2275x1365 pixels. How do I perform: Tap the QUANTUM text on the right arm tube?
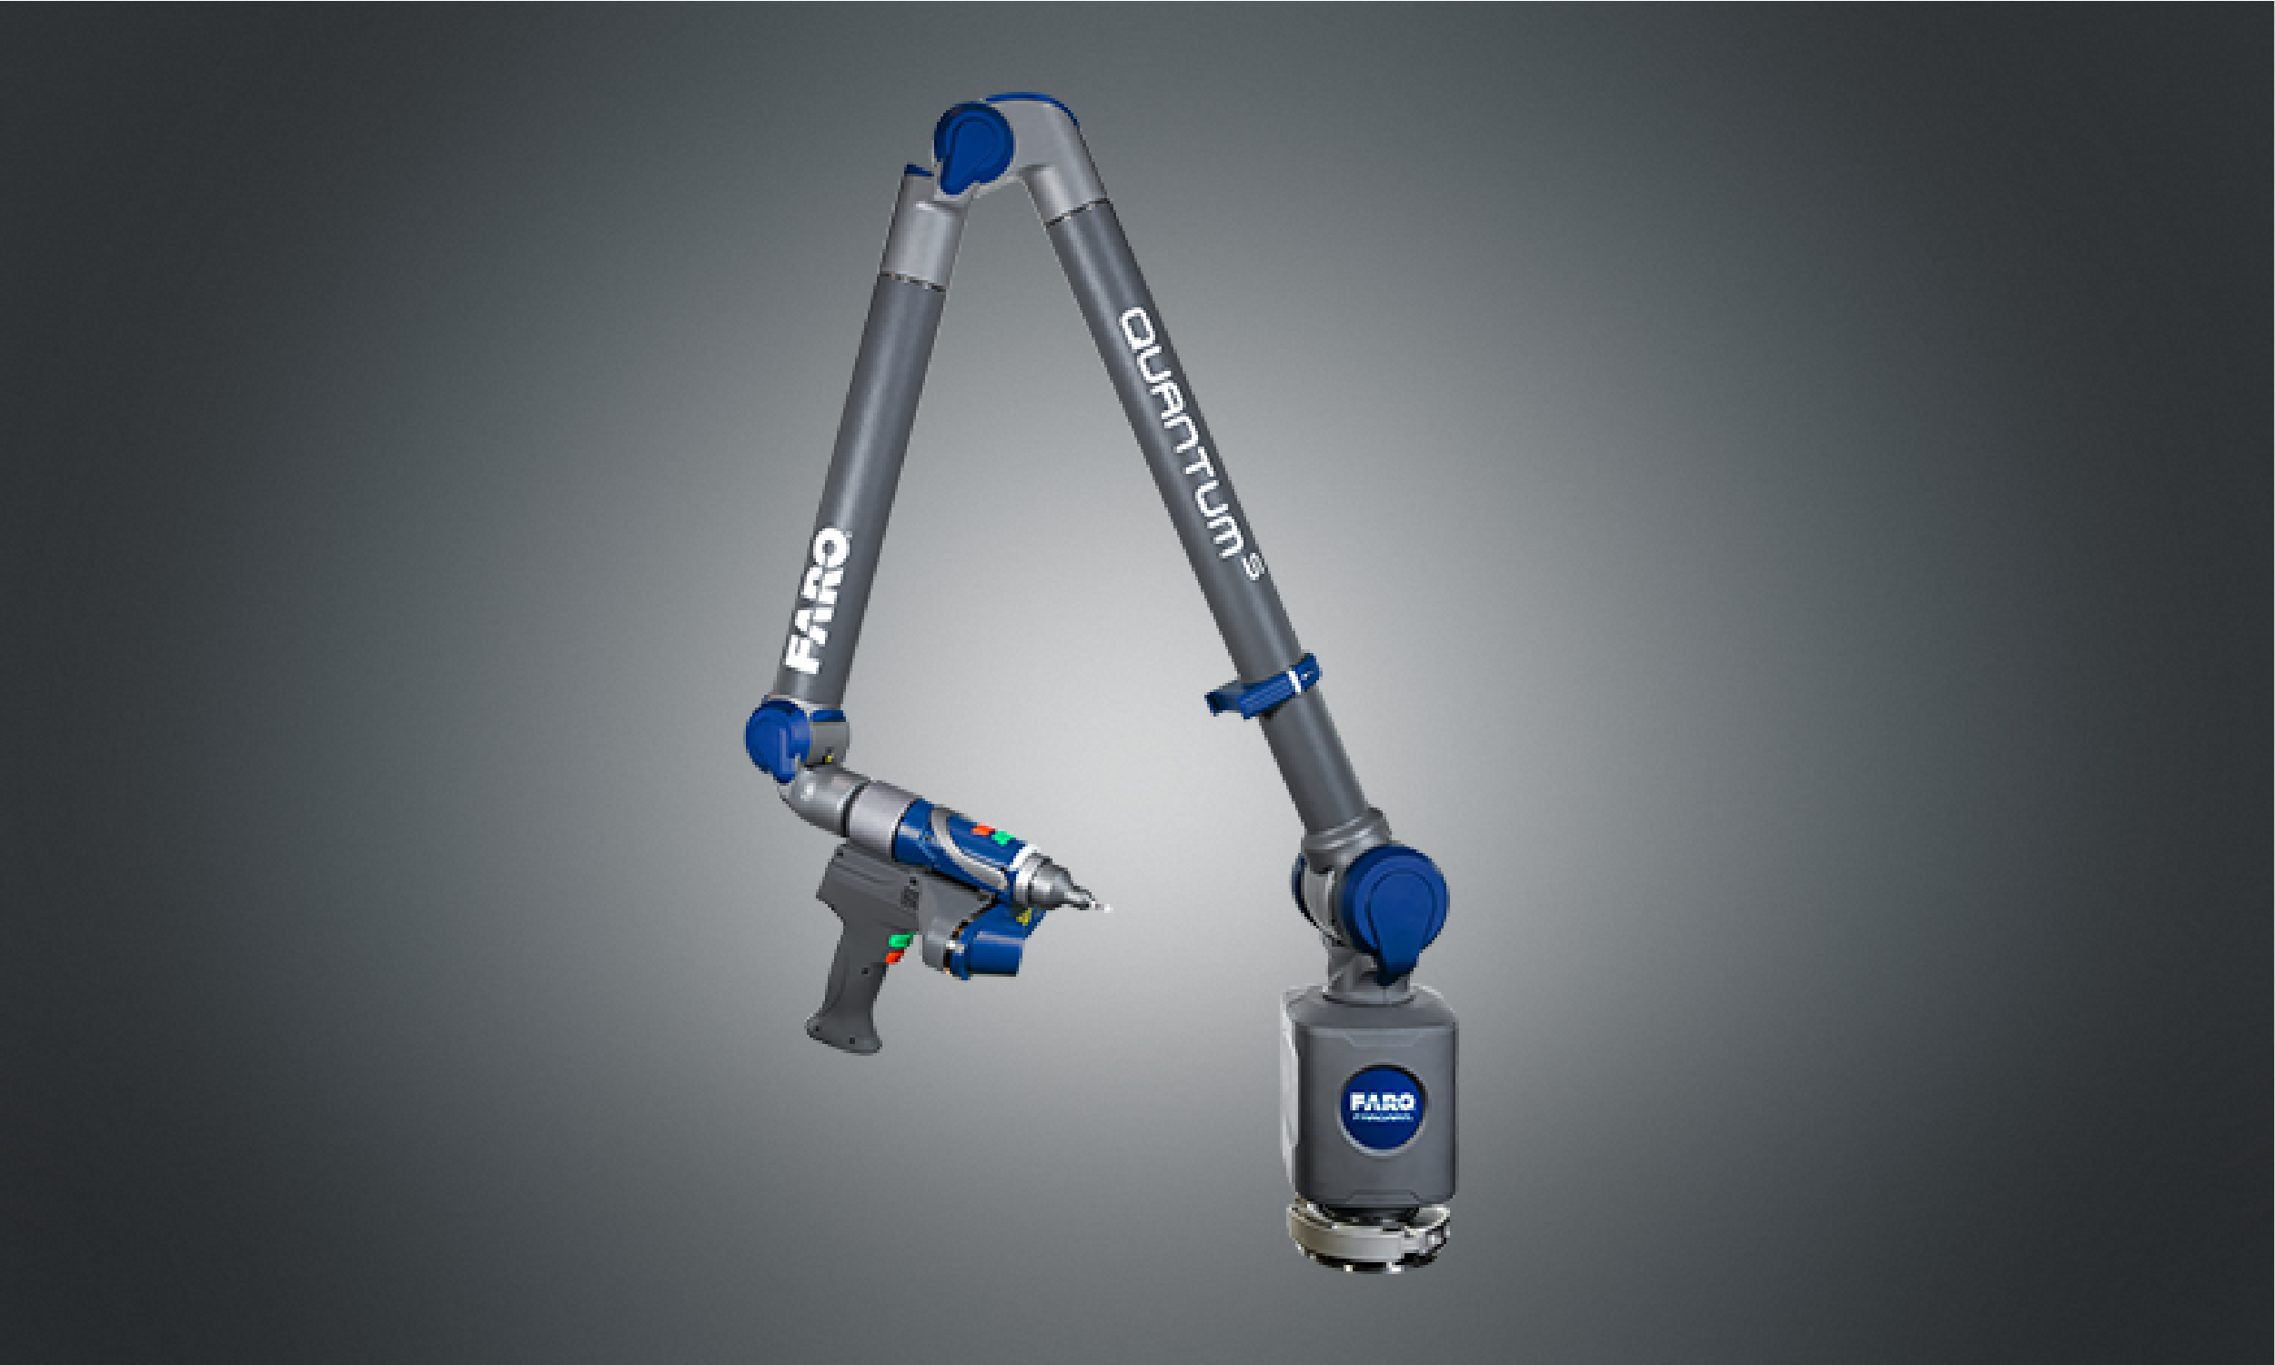1187,432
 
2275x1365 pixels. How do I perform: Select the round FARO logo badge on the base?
1382,1107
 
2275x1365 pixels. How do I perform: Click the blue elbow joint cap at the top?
973,147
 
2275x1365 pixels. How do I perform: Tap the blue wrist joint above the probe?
779,739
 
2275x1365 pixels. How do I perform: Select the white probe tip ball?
1108,908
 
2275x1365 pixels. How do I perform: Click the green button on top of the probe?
1002,838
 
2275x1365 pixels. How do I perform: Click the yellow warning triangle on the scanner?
1025,917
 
